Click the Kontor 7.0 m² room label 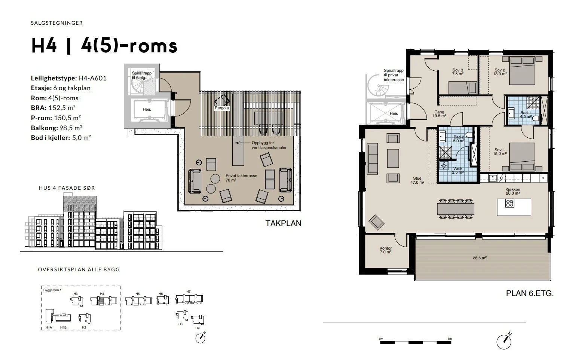pyautogui.click(x=386, y=250)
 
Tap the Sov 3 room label pyautogui.click(x=458, y=72)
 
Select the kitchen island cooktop pyautogui.click(x=510, y=203)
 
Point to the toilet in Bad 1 pyautogui.click(x=536, y=118)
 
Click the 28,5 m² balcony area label pyautogui.click(x=480, y=258)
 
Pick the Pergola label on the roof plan pyautogui.click(x=222, y=108)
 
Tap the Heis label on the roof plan pyautogui.click(x=147, y=109)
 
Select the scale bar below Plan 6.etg pyautogui.click(x=416, y=342)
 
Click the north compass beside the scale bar pyautogui.click(x=504, y=341)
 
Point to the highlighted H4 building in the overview pyautogui.click(x=101, y=301)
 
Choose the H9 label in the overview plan pyautogui.click(x=197, y=328)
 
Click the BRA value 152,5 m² pyautogui.click(x=62, y=108)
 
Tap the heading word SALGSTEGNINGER pyautogui.click(x=57, y=23)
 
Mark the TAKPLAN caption pyautogui.click(x=283, y=223)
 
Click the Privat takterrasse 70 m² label pyautogui.click(x=241, y=178)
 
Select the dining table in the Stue pyautogui.click(x=455, y=209)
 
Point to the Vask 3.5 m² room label pyautogui.click(x=458, y=170)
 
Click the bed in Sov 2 pyautogui.click(x=522, y=71)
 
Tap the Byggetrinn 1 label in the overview pyautogui.click(x=52, y=290)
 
